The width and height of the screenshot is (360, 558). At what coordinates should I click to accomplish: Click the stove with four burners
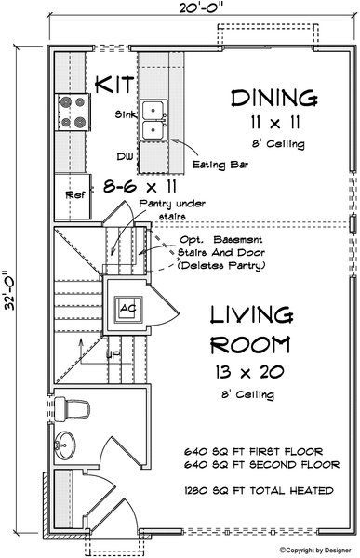point(73,113)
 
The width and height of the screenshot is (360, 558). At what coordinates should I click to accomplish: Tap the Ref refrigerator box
point(73,195)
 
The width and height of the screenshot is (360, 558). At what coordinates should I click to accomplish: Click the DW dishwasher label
point(125,156)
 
